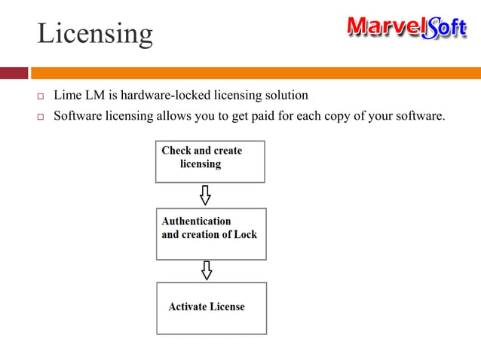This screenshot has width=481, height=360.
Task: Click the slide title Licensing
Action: tap(95, 33)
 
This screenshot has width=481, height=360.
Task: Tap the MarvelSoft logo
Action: tap(406, 28)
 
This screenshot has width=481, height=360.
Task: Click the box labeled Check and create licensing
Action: tap(210, 161)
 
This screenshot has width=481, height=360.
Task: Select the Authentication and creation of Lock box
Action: tap(211, 233)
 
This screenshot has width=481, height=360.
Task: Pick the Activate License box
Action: tap(211, 308)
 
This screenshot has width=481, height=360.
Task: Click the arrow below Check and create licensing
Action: tap(205, 195)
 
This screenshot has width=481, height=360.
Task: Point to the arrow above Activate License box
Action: tap(207, 270)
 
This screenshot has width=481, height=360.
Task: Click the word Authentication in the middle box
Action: tap(196, 221)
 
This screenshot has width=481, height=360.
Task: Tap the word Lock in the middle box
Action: tap(245, 234)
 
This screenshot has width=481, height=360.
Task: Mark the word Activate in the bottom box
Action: tap(187, 307)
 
